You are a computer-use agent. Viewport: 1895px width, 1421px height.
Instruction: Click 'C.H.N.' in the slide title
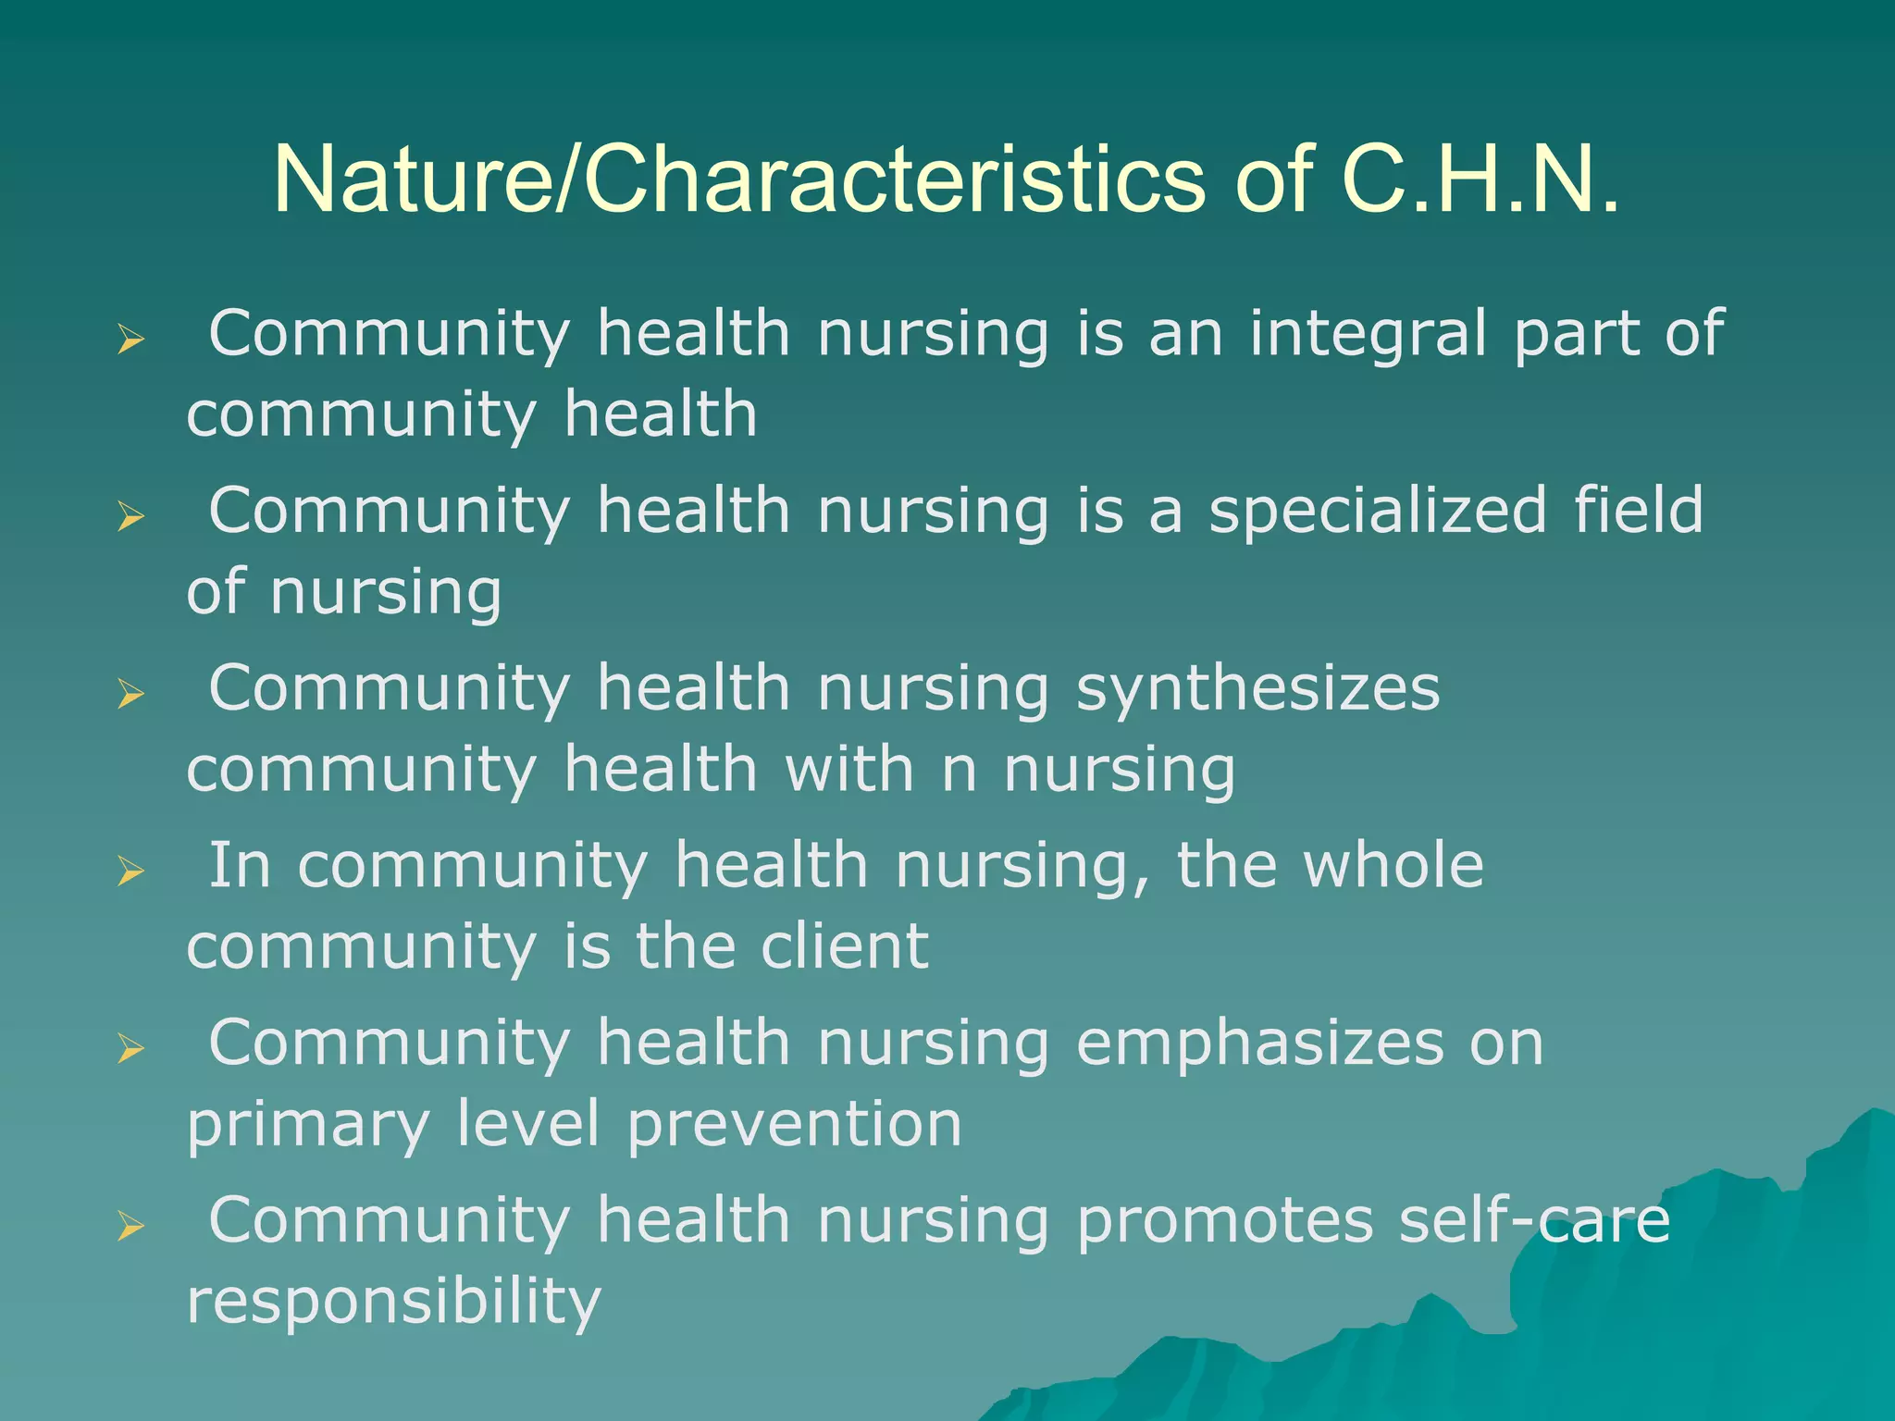(x=1480, y=179)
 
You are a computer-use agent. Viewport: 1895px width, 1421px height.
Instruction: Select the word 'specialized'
(x=1378, y=511)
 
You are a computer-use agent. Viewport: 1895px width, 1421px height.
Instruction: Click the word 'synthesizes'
(x=1257, y=690)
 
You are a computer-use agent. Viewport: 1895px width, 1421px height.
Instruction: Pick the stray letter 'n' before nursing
(x=959, y=771)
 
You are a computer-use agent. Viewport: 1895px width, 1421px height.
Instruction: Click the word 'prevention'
(x=795, y=1126)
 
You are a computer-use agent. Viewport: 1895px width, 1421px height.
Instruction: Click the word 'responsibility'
(x=394, y=1304)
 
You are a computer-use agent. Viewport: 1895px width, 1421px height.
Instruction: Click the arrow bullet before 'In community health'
(x=131, y=871)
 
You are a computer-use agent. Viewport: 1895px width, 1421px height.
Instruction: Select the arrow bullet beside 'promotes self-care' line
(x=131, y=1227)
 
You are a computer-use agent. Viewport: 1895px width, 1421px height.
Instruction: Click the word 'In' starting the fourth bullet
(x=240, y=866)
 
